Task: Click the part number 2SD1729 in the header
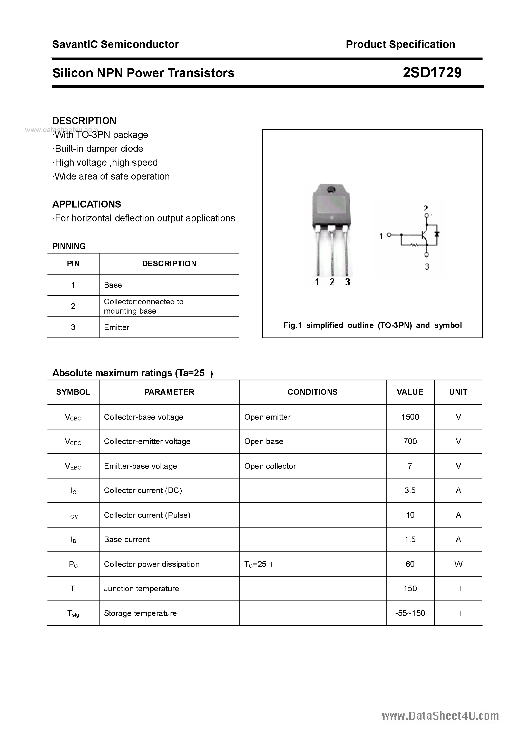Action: [x=432, y=73]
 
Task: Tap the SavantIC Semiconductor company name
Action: [x=115, y=44]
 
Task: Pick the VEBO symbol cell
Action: [x=73, y=466]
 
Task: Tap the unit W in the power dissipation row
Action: [x=458, y=564]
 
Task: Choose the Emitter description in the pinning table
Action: [x=117, y=327]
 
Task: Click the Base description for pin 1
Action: [x=113, y=285]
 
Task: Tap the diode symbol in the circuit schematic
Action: [x=437, y=234]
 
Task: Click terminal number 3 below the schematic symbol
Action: [x=427, y=267]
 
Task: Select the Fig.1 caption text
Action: [x=372, y=325]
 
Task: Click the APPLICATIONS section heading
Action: [x=87, y=204]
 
